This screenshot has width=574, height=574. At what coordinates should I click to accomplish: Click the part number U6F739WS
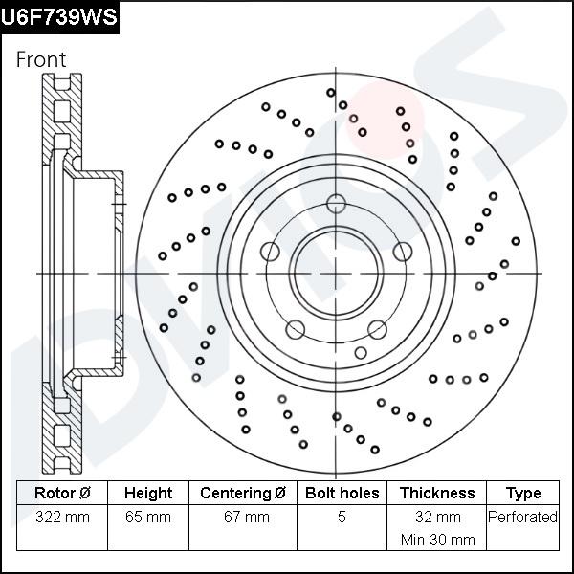click(x=59, y=16)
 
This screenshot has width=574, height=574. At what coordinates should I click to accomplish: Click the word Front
click(x=41, y=59)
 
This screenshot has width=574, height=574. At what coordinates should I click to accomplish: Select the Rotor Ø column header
click(x=62, y=494)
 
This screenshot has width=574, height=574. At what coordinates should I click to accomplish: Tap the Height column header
click(x=148, y=494)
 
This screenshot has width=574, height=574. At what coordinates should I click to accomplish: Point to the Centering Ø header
click(x=243, y=494)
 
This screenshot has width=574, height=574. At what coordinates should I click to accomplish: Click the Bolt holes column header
click(x=342, y=494)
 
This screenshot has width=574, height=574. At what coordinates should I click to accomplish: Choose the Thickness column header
click(x=436, y=494)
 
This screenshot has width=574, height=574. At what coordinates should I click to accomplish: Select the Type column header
click(x=522, y=494)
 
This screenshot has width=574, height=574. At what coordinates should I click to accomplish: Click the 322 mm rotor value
click(x=62, y=518)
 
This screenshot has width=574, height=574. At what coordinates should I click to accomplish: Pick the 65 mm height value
click(x=148, y=518)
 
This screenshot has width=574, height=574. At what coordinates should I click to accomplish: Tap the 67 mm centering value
click(x=243, y=518)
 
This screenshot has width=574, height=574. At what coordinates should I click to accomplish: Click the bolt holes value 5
click(x=342, y=518)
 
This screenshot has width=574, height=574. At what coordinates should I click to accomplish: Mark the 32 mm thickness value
click(x=436, y=518)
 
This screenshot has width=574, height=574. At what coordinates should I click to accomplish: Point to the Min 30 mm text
click(x=436, y=540)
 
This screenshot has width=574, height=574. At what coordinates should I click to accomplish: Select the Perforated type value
click(x=522, y=518)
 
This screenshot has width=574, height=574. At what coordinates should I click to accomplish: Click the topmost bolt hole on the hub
click(x=335, y=203)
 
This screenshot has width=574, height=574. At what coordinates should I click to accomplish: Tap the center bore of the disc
click(x=335, y=274)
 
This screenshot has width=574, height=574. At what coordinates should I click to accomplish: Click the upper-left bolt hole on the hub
click(x=270, y=252)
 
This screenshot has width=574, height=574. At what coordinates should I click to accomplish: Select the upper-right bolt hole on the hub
click(x=402, y=252)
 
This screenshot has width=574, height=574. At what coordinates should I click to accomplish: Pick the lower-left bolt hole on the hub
click(x=296, y=329)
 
